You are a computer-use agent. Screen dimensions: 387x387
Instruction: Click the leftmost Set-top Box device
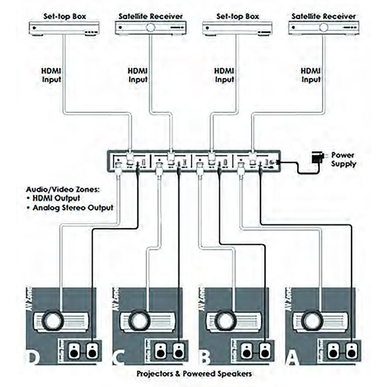click(x=64, y=28)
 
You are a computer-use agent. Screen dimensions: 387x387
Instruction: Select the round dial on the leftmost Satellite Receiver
click(x=150, y=27)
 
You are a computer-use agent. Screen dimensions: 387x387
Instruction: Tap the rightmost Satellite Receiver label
click(x=323, y=16)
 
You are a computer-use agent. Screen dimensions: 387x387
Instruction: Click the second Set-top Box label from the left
click(x=238, y=16)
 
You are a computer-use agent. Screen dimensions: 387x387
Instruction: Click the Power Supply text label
click(x=343, y=159)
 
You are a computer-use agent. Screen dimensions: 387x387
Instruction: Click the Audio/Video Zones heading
click(x=63, y=189)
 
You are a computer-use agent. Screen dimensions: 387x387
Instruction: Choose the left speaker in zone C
click(x=160, y=352)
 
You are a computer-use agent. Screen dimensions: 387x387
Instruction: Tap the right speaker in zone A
click(x=351, y=352)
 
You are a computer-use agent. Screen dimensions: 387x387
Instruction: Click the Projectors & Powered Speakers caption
click(x=194, y=374)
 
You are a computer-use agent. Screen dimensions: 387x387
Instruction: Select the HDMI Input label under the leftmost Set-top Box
click(x=52, y=75)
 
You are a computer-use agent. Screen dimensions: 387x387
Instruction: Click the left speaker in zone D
click(x=74, y=352)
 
